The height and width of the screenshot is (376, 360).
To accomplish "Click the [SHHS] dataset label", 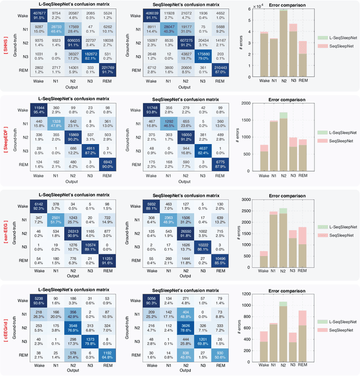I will [5, 46].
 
